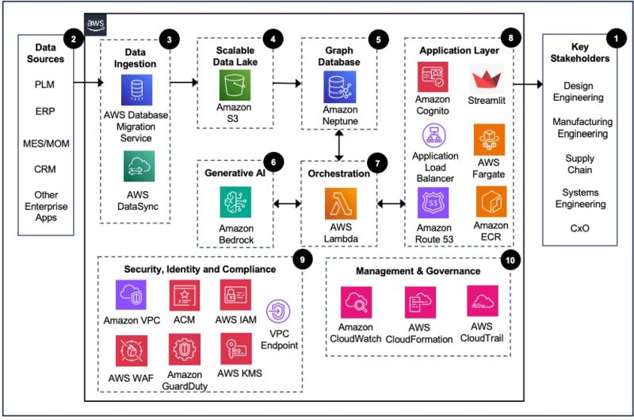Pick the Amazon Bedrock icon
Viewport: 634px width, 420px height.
(235, 202)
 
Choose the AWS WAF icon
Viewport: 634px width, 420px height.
(132, 349)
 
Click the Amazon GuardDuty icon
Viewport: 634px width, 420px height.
(184, 349)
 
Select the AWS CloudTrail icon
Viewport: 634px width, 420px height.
(483, 302)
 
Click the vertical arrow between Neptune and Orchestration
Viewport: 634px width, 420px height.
(340, 145)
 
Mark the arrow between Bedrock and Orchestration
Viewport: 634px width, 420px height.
(285, 204)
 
